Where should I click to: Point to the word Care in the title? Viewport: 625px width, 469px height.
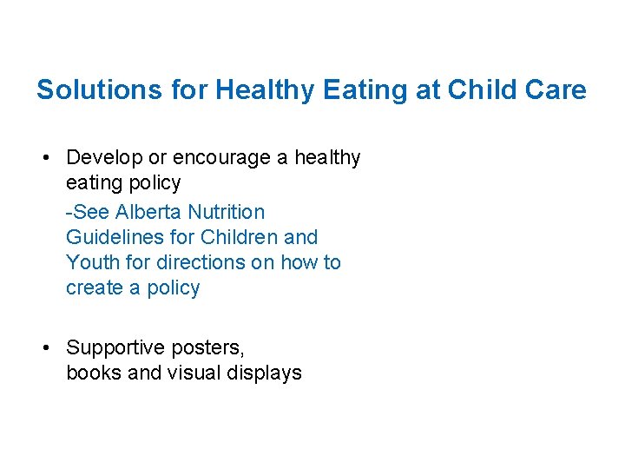pyautogui.click(x=558, y=89)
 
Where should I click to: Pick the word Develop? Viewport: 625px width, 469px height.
pyautogui.click(x=103, y=158)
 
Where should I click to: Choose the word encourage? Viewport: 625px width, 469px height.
pyautogui.click(x=225, y=158)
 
